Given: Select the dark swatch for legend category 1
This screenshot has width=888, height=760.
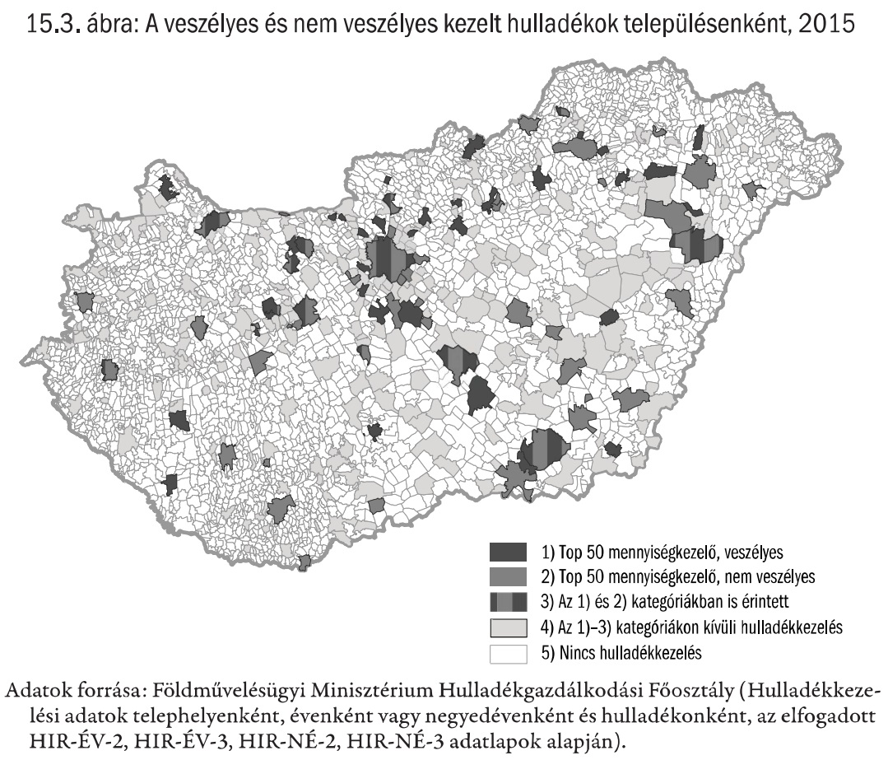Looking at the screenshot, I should coord(508,551).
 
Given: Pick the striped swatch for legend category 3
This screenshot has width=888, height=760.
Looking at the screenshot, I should coord(508,601).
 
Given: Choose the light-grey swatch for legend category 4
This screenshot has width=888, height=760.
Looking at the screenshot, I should coord(508,627).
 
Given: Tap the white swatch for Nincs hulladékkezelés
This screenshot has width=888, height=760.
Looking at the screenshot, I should coord(508,653).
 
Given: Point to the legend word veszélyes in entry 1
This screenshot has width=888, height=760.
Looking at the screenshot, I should coord(753,551).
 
